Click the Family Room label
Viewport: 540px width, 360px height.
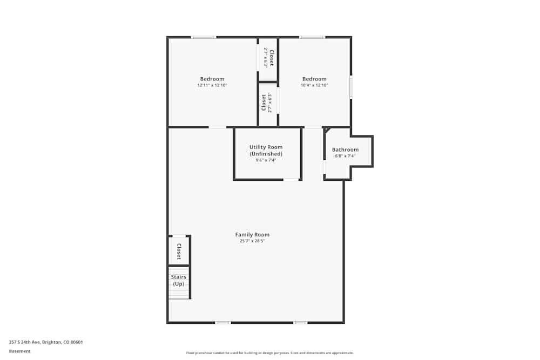(252, 235)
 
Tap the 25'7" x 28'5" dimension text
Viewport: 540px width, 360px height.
(252, 241)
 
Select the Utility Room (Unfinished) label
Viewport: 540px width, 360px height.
(266, 151)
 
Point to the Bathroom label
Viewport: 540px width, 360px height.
(345, 150)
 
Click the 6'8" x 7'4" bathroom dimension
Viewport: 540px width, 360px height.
(345, 156)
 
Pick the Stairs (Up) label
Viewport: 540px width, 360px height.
(178, 280)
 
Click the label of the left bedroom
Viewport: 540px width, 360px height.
(212, 79)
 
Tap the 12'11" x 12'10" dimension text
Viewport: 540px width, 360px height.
(212, 85)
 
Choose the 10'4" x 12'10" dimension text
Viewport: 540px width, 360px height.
(314, 85)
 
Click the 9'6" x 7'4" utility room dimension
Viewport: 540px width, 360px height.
(266, 160)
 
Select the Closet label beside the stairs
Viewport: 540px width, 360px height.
(179, 251)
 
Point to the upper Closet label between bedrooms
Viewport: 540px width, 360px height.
(272, 58)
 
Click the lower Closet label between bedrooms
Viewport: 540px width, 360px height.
(264, 103)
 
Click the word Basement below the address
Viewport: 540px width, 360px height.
(20, 351)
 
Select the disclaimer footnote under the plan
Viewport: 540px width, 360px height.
(269, 352)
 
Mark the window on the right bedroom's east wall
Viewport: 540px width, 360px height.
(351, 87)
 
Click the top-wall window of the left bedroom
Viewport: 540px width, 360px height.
(203, 37)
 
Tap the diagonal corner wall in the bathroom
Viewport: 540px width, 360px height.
(327, 130)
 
